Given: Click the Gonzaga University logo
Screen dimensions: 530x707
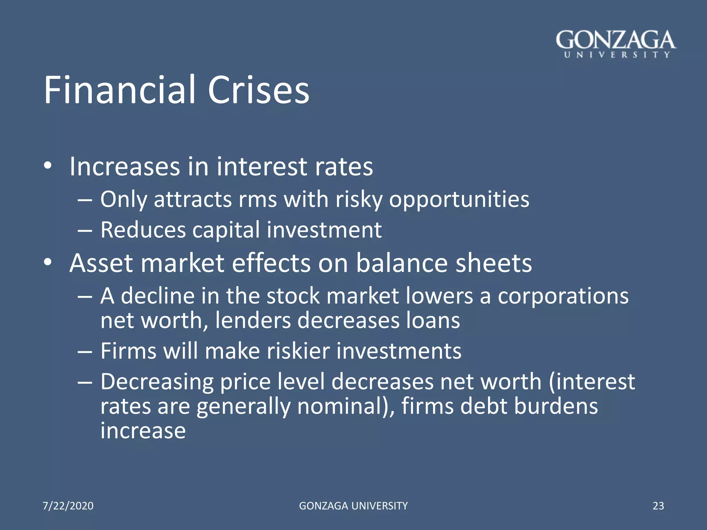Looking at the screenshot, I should pos(616,44).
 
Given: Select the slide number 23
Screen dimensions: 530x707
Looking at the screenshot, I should pos(658,506).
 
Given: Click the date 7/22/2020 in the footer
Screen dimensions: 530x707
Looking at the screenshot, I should pos(68,506).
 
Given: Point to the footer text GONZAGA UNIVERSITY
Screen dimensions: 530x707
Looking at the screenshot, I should pos(353,506).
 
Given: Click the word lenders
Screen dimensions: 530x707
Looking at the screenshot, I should pos(253,321).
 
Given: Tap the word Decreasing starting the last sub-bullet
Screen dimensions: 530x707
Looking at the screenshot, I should pos(157,382).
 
